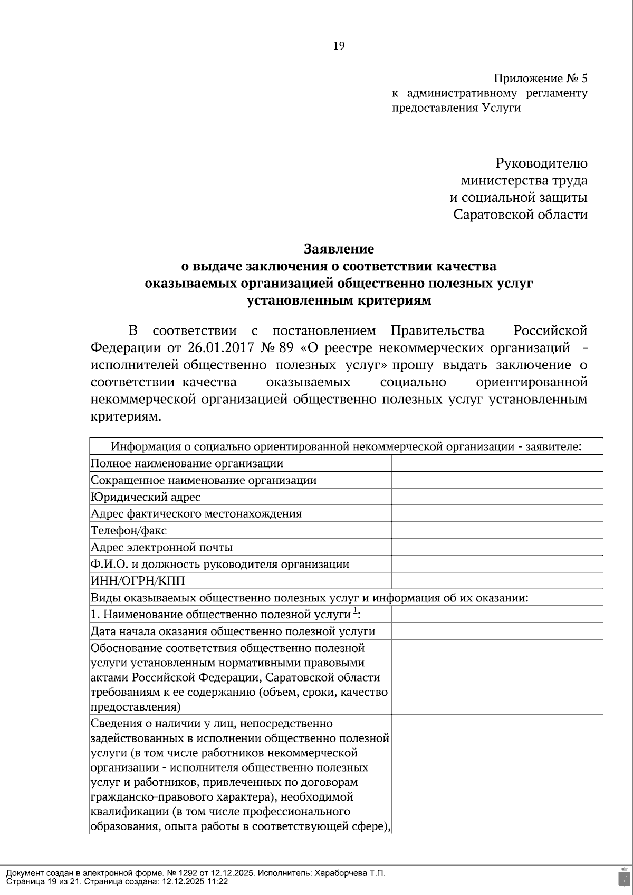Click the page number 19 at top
tap(339, 46)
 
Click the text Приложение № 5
tap(540, 79)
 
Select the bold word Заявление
tap(339, 248)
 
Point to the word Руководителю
tap(541, 163)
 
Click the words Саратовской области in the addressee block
tap(521, 215)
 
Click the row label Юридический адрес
tap(146, 497)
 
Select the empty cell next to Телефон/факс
tap(497, 530)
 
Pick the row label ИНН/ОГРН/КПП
tap(138, 581)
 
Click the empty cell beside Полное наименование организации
tap(497, 463)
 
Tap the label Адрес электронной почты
tap(162, 547)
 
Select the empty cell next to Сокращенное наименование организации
tap(497, 480)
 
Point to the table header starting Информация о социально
tap(346, 446)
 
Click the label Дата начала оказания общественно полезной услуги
tap(233, 631)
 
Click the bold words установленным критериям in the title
tap(339, 301)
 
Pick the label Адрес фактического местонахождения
tap(196, 513)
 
